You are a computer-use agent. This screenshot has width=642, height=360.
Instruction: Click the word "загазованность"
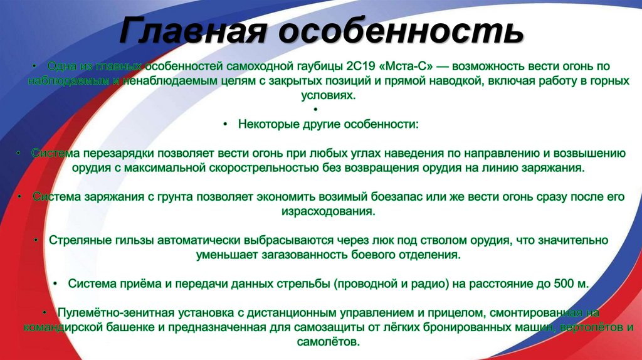tap(302, 255)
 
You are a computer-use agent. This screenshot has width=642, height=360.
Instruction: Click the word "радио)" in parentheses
tap(427, 283)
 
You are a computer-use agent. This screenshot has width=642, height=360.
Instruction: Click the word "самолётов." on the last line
tap(329, 342)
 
